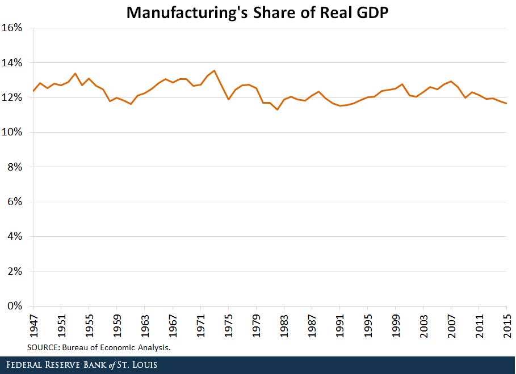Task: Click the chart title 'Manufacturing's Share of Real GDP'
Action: coord(258,12)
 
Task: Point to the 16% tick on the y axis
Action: coord(15,28)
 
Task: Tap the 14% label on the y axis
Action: coord(15,62)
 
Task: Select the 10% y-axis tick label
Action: coord(15,132)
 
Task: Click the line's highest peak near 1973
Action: coord(214,71)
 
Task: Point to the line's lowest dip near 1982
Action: coord(277,109)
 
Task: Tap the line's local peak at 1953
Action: coord(75,74)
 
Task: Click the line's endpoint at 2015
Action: coord(506,103)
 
